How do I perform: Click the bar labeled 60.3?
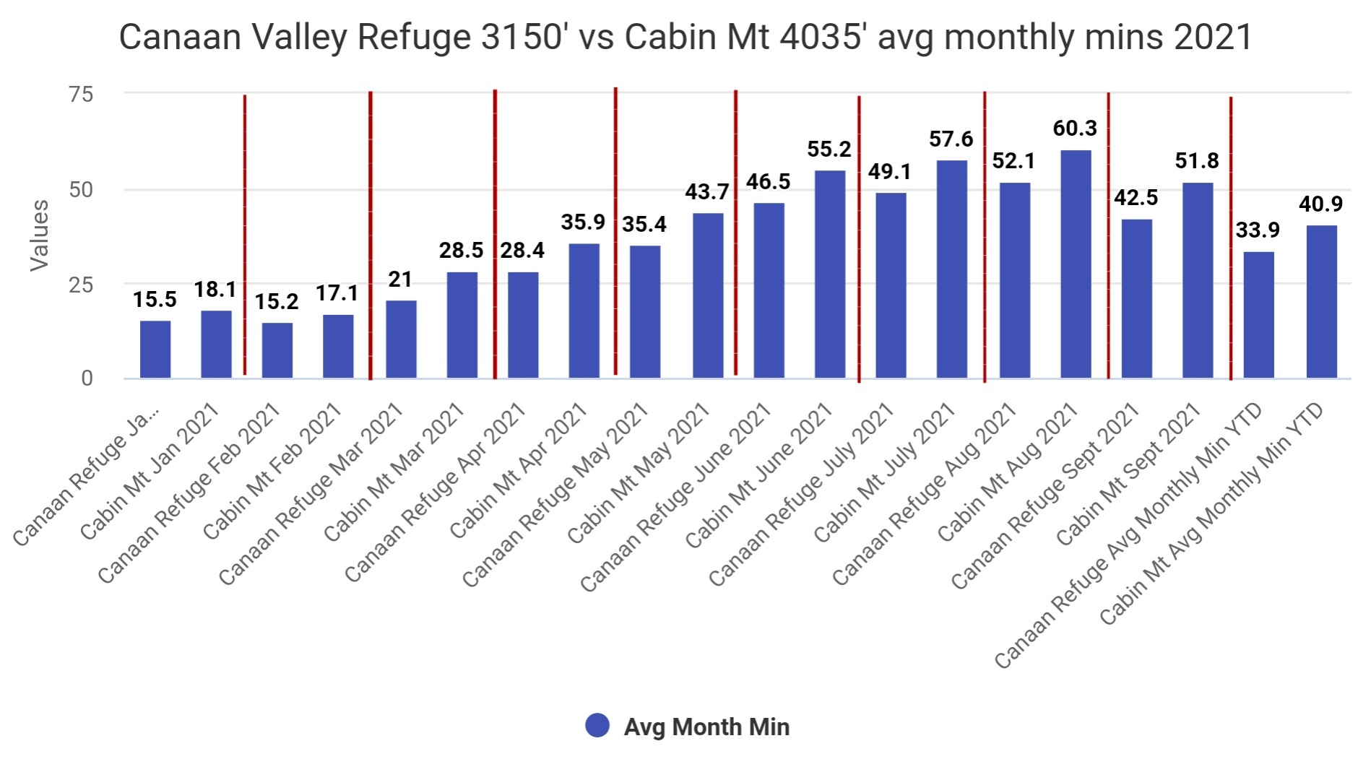[1076, 264]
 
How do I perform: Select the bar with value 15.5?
[155, 350]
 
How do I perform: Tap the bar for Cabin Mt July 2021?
[952, 269]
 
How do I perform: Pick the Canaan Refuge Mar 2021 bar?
[401, 339]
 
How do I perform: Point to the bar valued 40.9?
[1322, 301]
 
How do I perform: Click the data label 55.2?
[829, 149]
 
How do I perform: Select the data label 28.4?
[522, 251]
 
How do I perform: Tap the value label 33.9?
[1258, 230]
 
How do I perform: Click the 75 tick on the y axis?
[81, 94]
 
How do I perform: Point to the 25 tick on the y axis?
[81, 285]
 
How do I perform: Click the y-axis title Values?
[39, 235]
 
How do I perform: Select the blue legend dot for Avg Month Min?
[597, 726]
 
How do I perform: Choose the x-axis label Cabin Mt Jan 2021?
[150, 471]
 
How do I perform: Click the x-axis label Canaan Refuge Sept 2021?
[1045, 496]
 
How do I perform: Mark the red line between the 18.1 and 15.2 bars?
[245, 235]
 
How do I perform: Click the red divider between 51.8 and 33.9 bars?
[1231, 238]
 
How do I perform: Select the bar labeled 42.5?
[1137, 298]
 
